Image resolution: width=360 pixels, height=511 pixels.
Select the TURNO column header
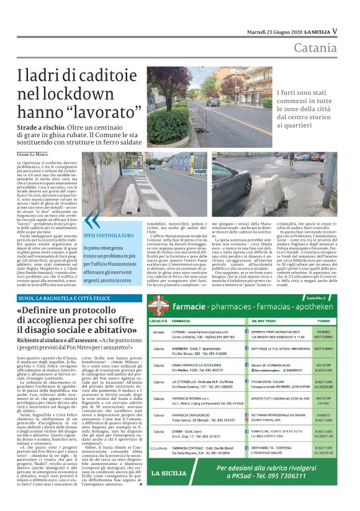tap(323, 321)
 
